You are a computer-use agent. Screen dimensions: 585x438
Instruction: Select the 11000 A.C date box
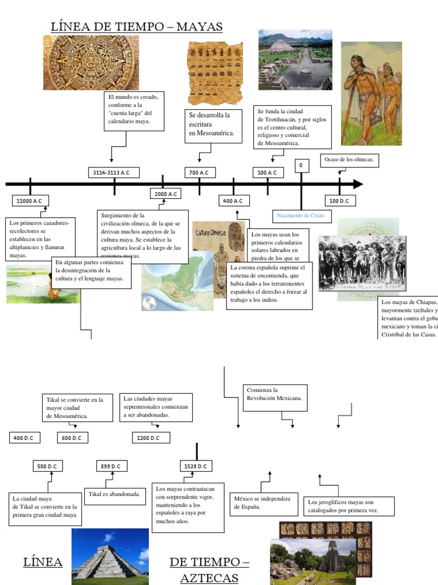[x=30, y=201]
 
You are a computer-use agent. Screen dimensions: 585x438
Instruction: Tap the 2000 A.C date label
[x=167, y=194]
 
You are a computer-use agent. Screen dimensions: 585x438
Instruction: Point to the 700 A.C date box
[x=199, y=173]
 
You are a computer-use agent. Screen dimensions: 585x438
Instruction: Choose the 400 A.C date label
[x=233, y=201]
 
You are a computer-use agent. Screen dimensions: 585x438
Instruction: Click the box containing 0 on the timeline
[x=301, y=166]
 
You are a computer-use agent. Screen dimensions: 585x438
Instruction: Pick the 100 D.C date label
[x=340, y=201]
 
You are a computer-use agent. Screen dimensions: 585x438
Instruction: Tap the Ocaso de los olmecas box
[x=350, y=160]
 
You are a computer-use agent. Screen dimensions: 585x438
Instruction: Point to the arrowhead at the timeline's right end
[x=358, y=184]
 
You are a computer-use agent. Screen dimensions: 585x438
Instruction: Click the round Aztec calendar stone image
[x=91, y=62]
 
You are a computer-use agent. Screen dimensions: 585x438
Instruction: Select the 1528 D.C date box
[x=197, y=466]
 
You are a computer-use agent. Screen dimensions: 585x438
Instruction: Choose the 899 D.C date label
[x=111, y=466]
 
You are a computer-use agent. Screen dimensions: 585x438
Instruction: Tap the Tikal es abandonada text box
[x=114, y=494]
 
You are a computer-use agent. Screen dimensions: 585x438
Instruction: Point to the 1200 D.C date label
[x=153, y=438]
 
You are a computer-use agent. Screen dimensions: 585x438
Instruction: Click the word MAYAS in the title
[x=200, y=26]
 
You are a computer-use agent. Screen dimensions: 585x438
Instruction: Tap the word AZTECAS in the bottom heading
[x=209, y=578]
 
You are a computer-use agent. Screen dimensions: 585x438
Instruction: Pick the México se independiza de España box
[x=263, y=503]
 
